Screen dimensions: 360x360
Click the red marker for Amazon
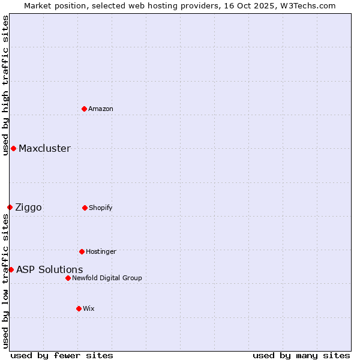[x=85, y=109]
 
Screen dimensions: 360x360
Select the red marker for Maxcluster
[x=13, y=148]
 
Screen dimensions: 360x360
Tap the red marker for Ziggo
[x=10, y=207]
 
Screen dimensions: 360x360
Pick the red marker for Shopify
[x=85, y=208]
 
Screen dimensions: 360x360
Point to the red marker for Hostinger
[x=82, y=251]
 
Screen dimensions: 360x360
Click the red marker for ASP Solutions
[x=11, y=269]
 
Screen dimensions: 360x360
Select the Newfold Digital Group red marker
[x=68, y=278]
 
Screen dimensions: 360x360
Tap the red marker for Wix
[x=79, y=308]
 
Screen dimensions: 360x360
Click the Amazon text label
[x=101, y=109]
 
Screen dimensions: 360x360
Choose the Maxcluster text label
[x=44, y=148]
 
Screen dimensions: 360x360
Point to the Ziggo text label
[x=28, y=207]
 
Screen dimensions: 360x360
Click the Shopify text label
[x=101, y=208]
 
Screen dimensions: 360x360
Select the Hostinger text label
[x=101, y=251]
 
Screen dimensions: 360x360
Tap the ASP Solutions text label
[x=49, y=269]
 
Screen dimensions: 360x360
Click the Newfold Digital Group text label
[x=107, y=278]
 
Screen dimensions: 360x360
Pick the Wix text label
[x=89, y=308]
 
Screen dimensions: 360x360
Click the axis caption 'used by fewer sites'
[x=62, y=355]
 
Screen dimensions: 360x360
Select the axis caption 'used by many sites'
[x=301, y=355]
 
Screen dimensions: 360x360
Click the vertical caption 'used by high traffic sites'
[x=5, y=85]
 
